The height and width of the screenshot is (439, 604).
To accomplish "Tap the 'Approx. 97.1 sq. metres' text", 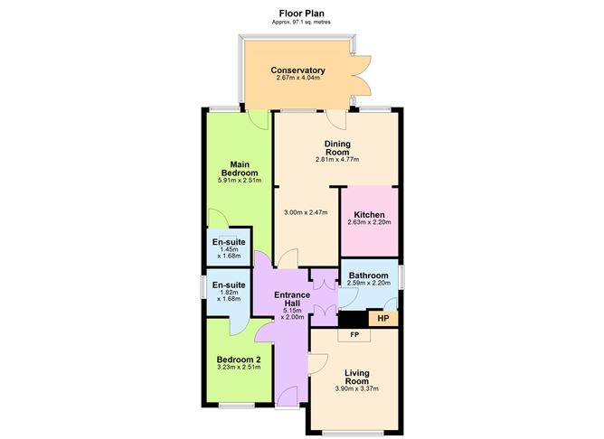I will (301, 24).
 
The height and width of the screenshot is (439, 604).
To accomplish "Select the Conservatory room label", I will (297, 70).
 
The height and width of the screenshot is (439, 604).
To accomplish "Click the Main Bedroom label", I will (240, 168).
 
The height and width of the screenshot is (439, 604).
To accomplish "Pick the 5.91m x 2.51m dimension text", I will (240, 181).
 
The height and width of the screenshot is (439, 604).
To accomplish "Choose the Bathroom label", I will (369, 276).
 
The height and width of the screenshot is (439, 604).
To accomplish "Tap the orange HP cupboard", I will (382, 318).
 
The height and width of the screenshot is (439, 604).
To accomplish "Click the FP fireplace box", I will (354, 335).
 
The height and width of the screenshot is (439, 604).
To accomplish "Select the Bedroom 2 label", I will (240, 360).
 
